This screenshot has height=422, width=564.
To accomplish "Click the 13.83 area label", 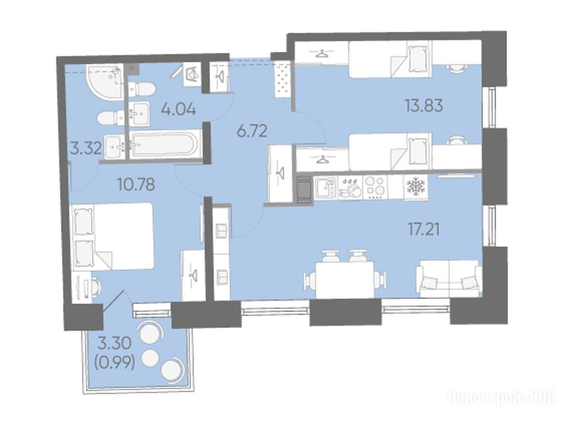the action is point(424,106).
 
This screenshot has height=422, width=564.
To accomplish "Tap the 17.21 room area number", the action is point(424,229).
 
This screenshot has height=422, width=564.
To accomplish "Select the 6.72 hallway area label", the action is point(252,131).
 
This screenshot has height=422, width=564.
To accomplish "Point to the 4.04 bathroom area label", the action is point(178,109).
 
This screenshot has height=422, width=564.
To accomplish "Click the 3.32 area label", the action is point(85,148).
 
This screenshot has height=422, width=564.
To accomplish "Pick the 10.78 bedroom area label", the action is point(136,184).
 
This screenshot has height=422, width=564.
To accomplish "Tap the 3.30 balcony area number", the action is point(115,344).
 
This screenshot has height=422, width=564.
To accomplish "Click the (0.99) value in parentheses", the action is point(115,364).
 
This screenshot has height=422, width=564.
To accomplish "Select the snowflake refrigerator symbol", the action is point(415,187).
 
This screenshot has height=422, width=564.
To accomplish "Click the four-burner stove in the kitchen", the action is point(375,187).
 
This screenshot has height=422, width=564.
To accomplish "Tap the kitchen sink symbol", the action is point(326,187).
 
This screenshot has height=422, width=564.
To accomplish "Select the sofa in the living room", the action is point(448,278).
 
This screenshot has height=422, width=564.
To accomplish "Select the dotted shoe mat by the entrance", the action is point(283,78).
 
